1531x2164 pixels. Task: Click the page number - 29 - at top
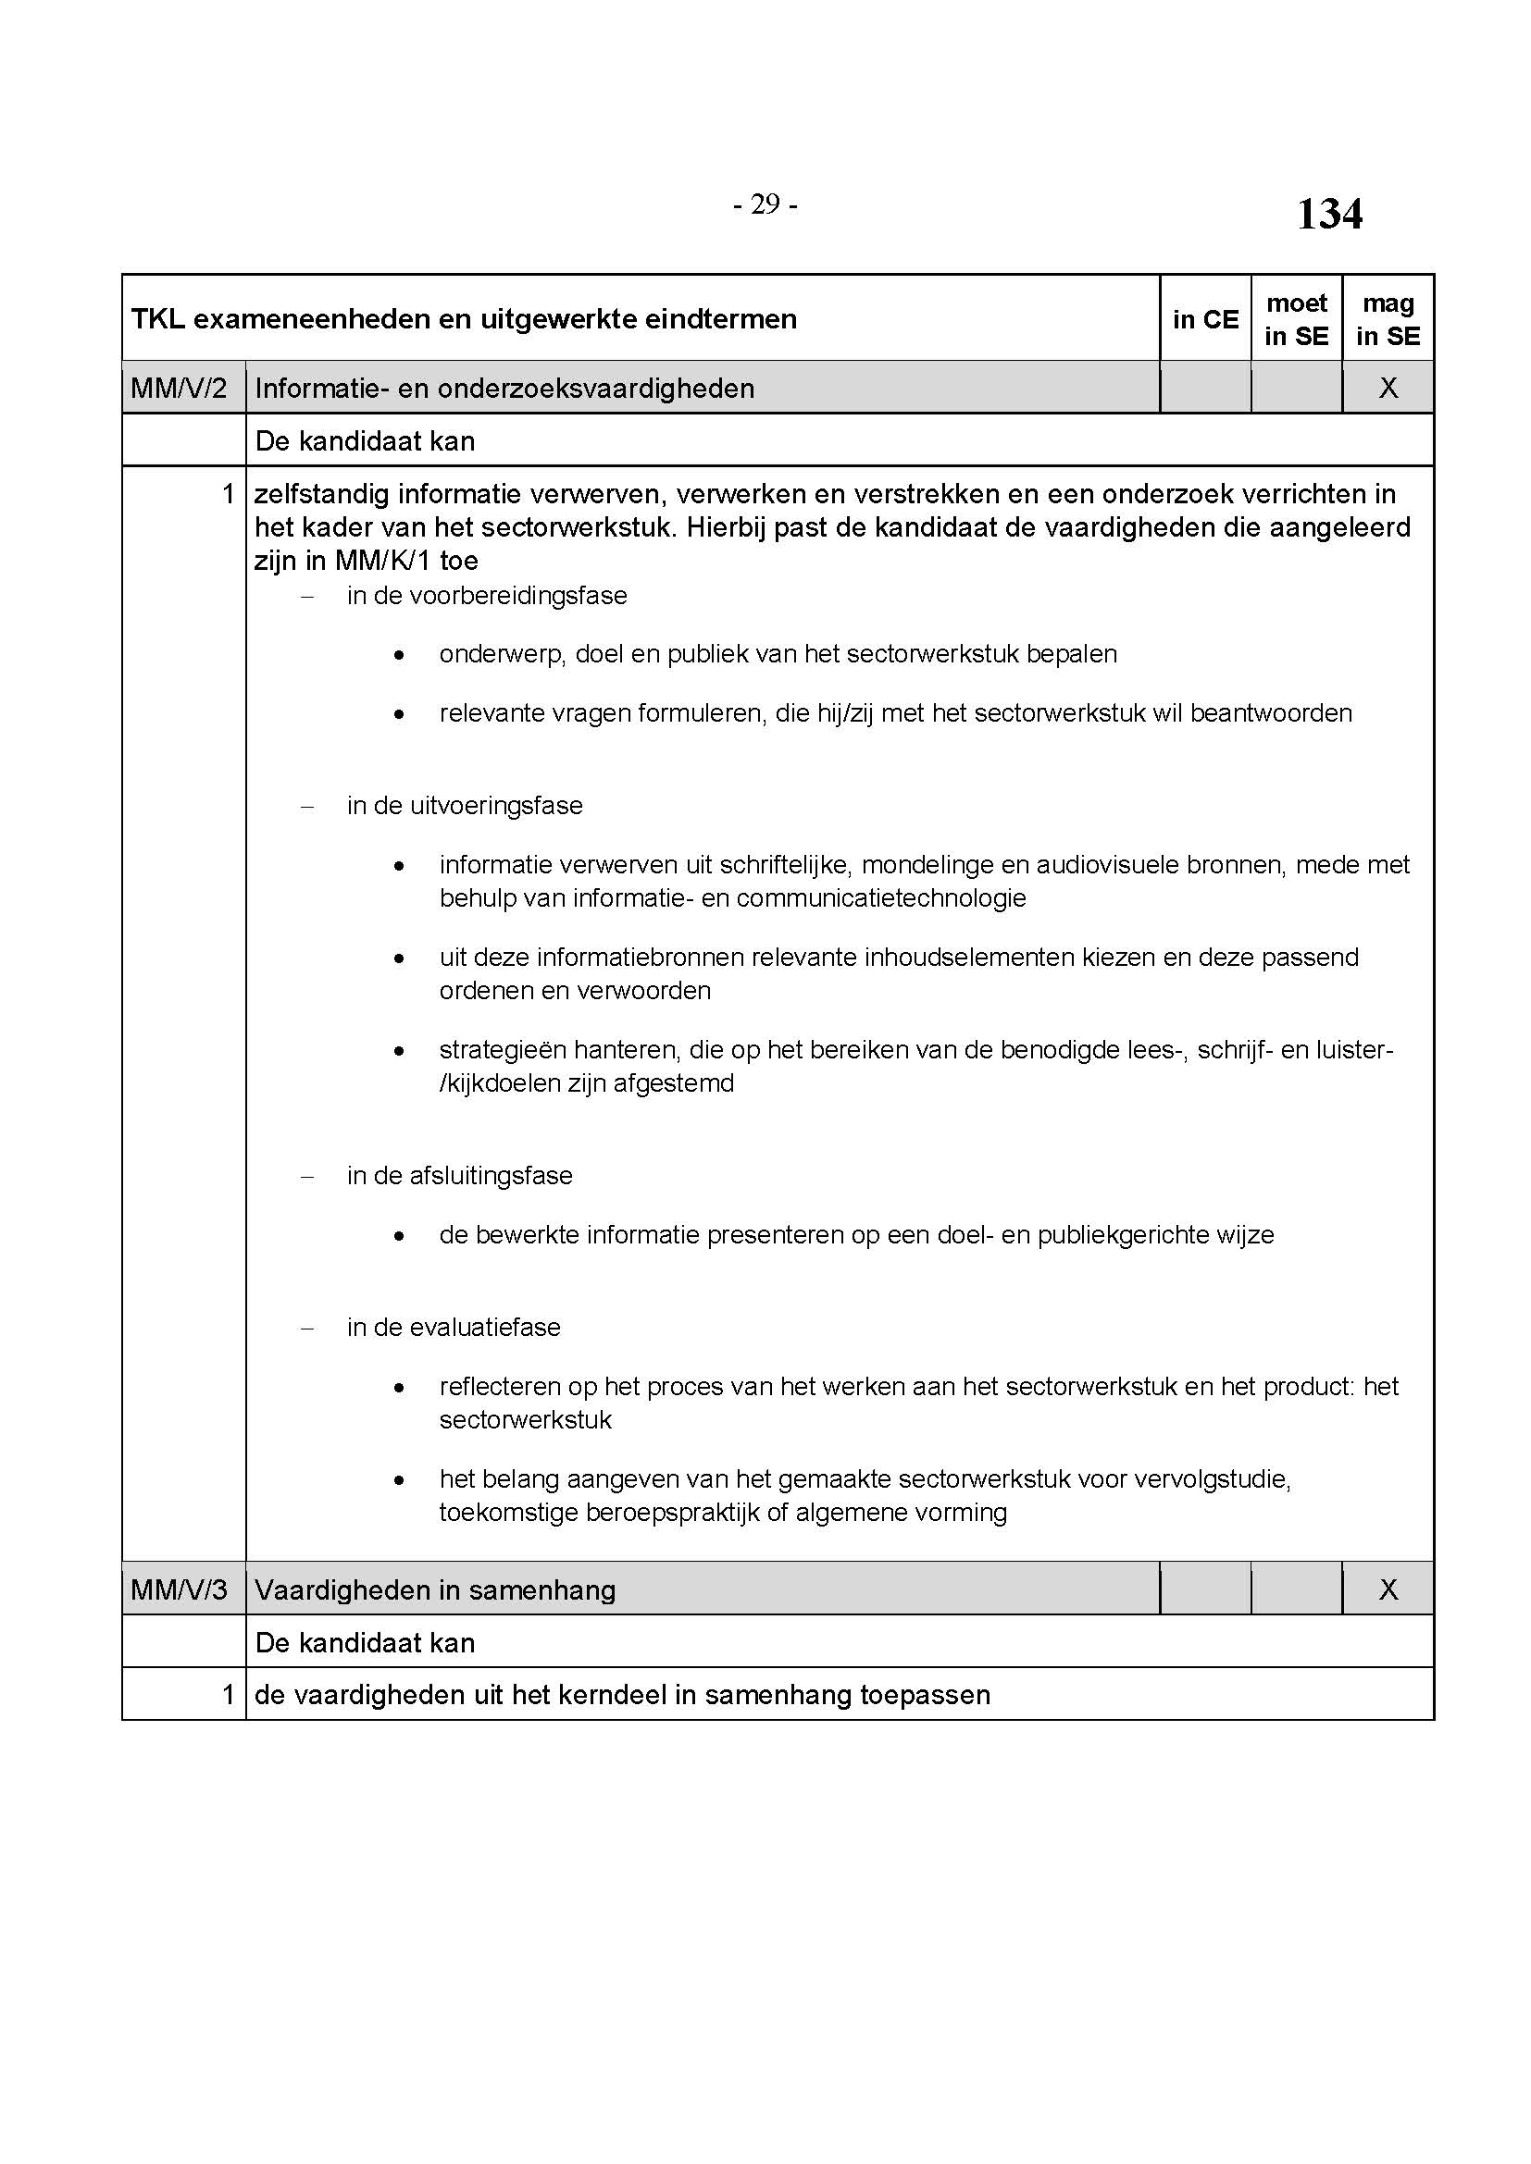[765, 204]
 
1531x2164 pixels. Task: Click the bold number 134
[1328, 214]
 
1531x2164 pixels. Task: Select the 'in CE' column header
[1205, 319]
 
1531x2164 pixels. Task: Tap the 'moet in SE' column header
[1296, 319]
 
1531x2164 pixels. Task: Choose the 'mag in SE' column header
[1388, 319]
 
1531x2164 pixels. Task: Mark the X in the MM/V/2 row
[1388, 389]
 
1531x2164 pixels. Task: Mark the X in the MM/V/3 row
[1388, 1590]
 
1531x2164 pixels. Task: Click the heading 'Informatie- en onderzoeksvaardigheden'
[504, 389]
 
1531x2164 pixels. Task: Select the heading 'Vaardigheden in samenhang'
[435, 1590]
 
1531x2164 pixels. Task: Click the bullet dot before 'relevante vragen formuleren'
[400, 715]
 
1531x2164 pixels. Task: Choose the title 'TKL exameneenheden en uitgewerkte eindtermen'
[464, 319]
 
